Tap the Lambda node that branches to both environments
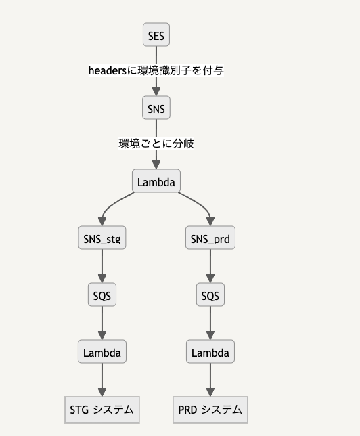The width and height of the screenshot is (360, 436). click(156, 181)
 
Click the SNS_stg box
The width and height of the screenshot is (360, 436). click(102, 238)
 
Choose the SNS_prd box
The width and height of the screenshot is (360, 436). click(210, 238)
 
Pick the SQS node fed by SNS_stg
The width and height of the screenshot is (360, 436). click(102, 295)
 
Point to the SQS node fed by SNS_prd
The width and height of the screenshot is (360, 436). click(210, 295)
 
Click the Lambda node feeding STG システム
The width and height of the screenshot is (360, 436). click(102, 352)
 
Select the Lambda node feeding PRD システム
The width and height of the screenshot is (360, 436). click(210, 352)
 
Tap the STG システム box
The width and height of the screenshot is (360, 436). click(102, 410)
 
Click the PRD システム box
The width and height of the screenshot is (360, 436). click(210, 410)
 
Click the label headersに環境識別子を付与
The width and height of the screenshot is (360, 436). click(156, 70)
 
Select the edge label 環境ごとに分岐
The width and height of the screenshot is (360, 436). click(156, 144)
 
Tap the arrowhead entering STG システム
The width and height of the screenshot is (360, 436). click(102, 391)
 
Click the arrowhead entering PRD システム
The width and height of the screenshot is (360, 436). click(210, 391)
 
